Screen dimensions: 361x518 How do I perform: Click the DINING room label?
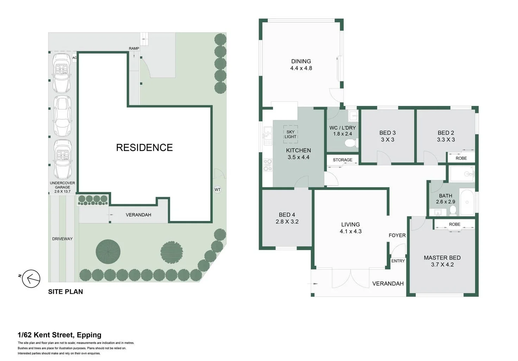301,61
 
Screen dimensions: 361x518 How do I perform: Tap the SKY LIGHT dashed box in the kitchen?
290,134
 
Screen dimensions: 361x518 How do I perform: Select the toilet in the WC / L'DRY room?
350,143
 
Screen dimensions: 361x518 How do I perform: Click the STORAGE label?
342,160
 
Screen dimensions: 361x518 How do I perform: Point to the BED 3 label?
387,133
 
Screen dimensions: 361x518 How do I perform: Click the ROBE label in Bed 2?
461,158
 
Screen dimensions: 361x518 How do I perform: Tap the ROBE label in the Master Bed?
454,224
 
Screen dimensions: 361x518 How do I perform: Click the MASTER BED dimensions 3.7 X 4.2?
442,265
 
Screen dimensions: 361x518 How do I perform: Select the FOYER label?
397,235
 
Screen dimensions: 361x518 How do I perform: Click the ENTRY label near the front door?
398,261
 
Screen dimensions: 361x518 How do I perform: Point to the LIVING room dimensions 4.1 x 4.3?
350,231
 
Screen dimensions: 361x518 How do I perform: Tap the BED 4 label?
287,215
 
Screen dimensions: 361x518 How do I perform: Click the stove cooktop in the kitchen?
268,165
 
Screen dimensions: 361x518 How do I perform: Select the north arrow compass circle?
31,279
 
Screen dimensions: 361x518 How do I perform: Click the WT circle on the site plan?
217,190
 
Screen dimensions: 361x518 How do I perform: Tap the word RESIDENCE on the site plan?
144,147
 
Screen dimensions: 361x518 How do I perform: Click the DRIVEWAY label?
62,239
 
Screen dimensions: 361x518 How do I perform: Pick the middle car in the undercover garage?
62,116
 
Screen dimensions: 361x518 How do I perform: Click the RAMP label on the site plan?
134,49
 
